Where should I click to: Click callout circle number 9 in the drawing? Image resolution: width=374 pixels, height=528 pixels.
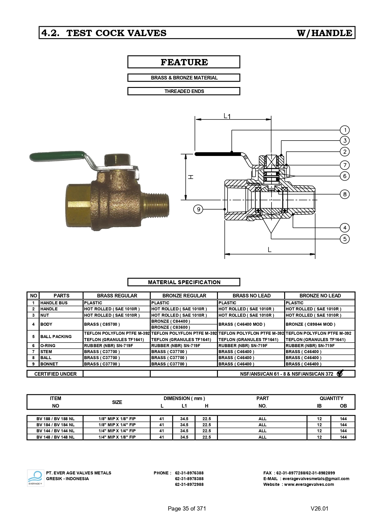pos(198,209)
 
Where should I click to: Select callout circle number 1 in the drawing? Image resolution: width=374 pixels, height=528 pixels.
pos(345,130)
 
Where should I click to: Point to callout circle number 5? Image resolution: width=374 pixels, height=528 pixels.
pos(345,239)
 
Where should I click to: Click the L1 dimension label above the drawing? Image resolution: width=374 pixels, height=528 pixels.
pos(227,116)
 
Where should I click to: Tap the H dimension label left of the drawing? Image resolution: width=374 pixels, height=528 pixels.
pos(190,177)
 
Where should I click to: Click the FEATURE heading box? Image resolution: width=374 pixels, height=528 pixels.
pos(184,62)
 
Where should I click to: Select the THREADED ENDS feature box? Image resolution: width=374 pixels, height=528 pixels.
pos(184,91)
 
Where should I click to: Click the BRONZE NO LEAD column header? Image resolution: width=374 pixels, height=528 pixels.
pos(320,296)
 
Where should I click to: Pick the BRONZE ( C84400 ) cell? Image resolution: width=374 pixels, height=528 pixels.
pos(171,321)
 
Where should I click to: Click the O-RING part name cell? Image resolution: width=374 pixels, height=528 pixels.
pos(48,346)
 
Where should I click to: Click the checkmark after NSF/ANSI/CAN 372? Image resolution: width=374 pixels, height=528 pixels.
pos(340,373)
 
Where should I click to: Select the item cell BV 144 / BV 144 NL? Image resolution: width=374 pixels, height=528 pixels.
pos(55,431)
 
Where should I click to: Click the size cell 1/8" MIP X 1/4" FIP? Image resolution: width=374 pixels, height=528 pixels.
pos(117,425)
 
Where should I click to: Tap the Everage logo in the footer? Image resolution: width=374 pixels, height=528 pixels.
pos(35,478)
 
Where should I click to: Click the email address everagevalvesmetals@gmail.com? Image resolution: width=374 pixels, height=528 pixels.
pos(316,479)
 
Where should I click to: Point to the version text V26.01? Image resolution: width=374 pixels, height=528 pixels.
pos(319,508)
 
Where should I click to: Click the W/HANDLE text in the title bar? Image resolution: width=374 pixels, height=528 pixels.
pos(324,33)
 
